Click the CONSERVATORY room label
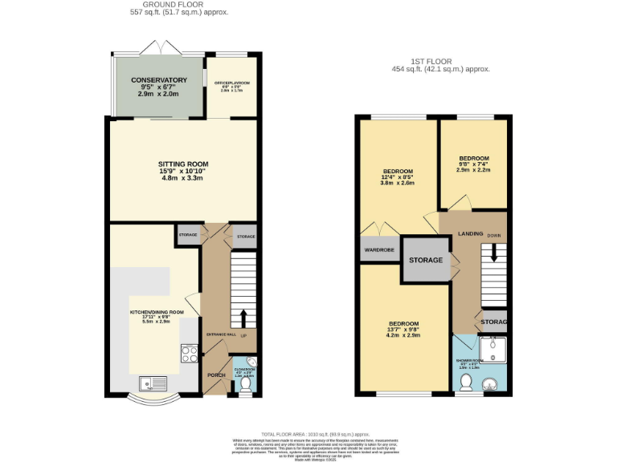pyautogui.click(x=159, y=80)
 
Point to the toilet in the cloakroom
pyautogui.click(x=246, y=386)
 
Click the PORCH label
pyautogui.click(x=217, y=375)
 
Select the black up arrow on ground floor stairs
pyautogui.click(x=243, y=315)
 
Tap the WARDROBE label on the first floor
pyautogui.click(x=380, y=249)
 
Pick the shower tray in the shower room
pyautogui.click(x=491, y=347)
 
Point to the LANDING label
pyautogui.click(x=470, y=233)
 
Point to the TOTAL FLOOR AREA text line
pyautogui.click(x=308, y=432)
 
